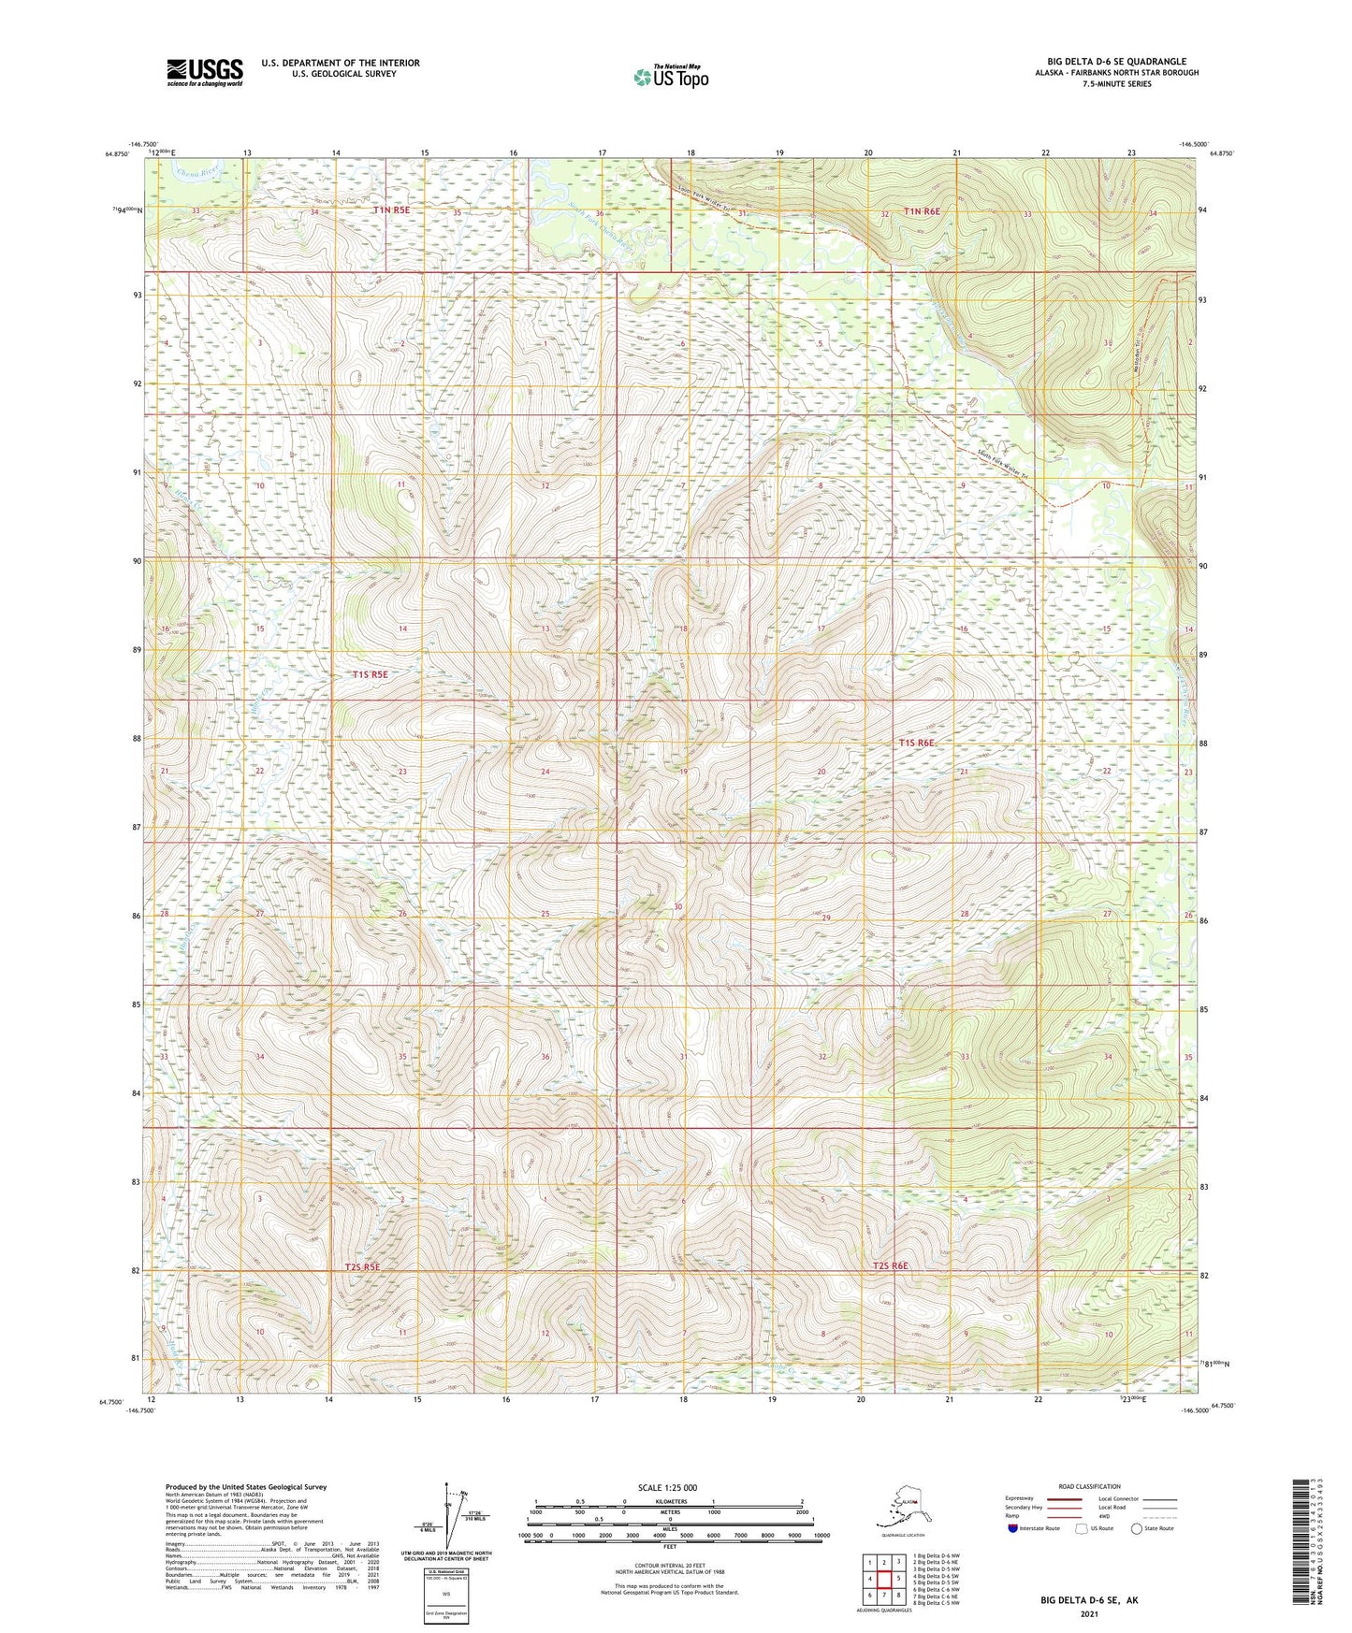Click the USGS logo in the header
click(x=205, y=72)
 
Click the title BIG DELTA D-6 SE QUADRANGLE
click(x=1116, y=62)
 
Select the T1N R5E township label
click(x=392, y=210)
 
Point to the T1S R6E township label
click(x=916, y=743)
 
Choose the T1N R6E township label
click(x=922, y=212)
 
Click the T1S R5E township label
click(x=370, y=673)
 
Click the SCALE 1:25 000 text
click(x=667, y=1488)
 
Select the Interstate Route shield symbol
click(x=1013, y=1528)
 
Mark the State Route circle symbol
click(x=1137, y=1528)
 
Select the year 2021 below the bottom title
click(x=1088, y=1614)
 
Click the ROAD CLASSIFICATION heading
click(x=1089, y=1486)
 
